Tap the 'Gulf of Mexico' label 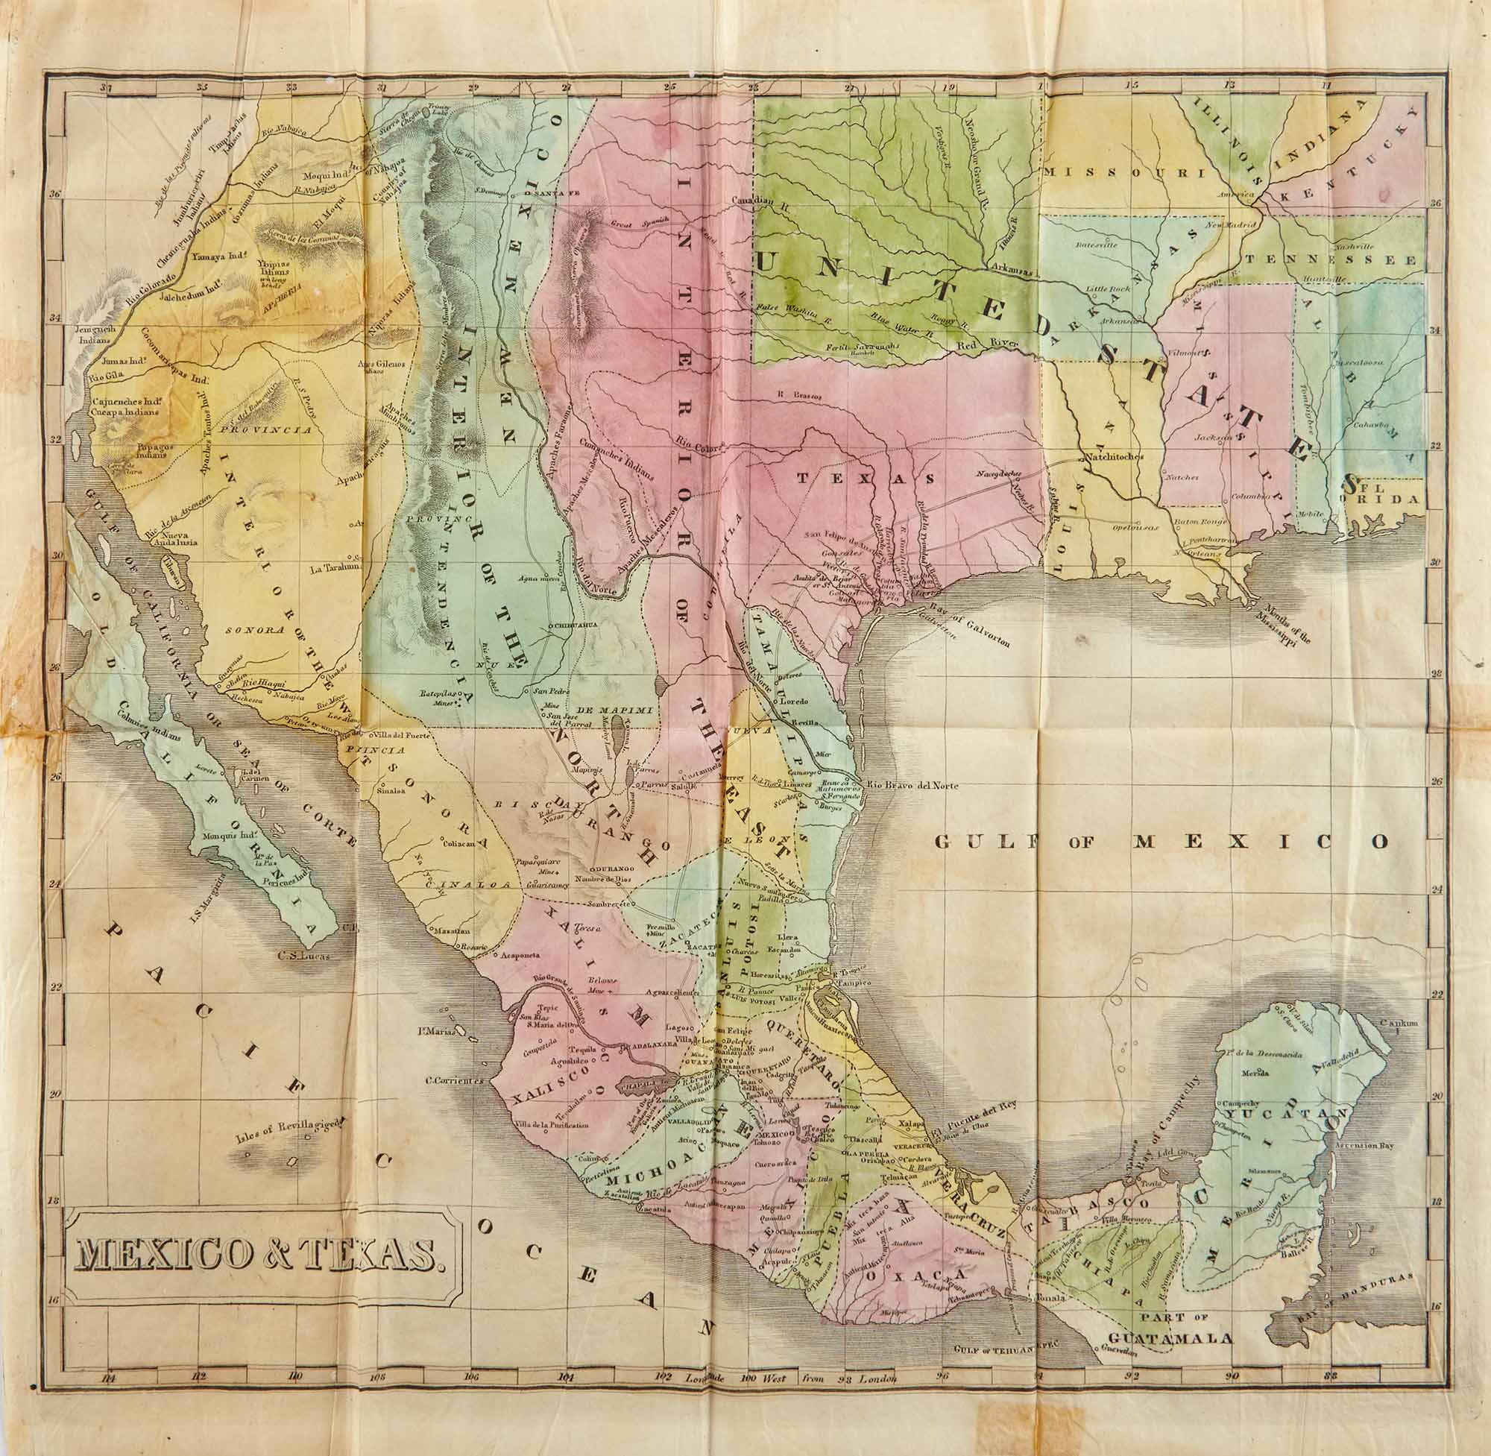coord(1161,842)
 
